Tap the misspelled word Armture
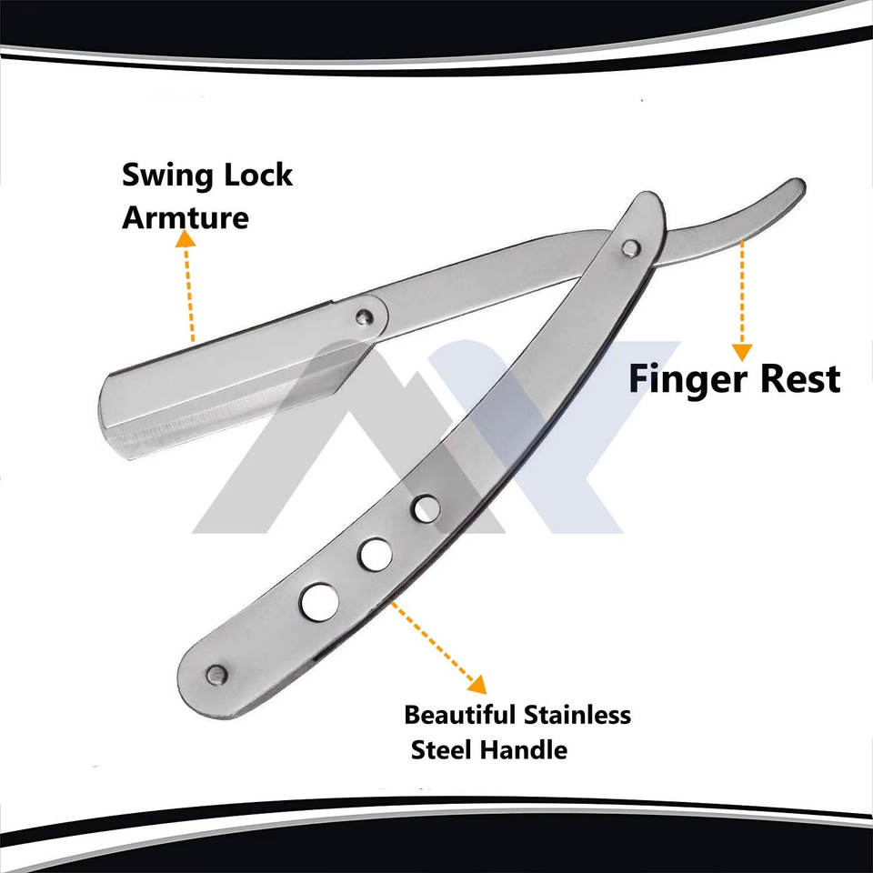click(x=185, y=218)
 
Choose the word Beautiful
click(x=460, y=715)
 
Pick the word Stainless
click(x=577, y=715)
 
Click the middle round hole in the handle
click(x=373, y=552)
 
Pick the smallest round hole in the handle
click(x=424, y=509)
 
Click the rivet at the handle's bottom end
click(x=216, y=675)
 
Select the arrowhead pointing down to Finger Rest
click(x=743, y=351)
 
